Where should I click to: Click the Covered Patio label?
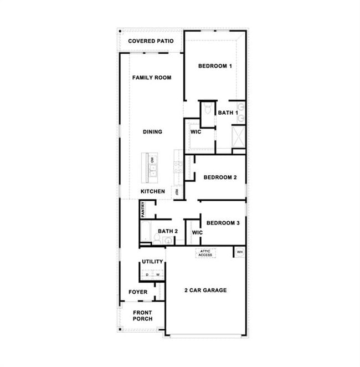point(151,41)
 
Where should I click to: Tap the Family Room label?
point(151,78)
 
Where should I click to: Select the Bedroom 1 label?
point(215,66)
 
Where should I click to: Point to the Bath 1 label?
point(227,113)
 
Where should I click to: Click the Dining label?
point(152,132)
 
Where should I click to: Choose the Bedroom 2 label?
point(220,177)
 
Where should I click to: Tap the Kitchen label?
point(152,191)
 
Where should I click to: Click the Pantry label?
point(143,208)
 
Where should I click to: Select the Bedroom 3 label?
point(223,223)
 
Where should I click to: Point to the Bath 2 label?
point(167,231)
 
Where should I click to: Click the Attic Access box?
point(205,253)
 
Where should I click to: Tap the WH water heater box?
point(239,252)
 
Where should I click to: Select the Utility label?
point(152,262)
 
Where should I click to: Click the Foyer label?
point(138,292)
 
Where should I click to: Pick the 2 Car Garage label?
point(205,290)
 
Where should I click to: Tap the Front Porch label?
point(142,315)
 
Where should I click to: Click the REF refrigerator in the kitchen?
point(177,192)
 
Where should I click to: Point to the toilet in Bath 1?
point(207,109)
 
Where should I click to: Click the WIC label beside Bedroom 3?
point(197,232)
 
